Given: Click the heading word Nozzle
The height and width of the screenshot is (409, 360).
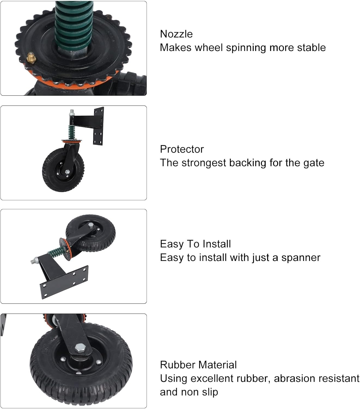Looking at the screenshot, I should click(176, 34).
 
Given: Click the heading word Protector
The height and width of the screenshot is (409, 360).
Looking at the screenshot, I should click(182, 149).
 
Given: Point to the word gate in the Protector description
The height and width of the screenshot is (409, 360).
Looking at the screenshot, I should click(314, 163).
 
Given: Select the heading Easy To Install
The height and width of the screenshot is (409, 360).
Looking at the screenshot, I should click(195, 244).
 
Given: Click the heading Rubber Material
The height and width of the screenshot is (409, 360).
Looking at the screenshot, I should click(198, 365).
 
